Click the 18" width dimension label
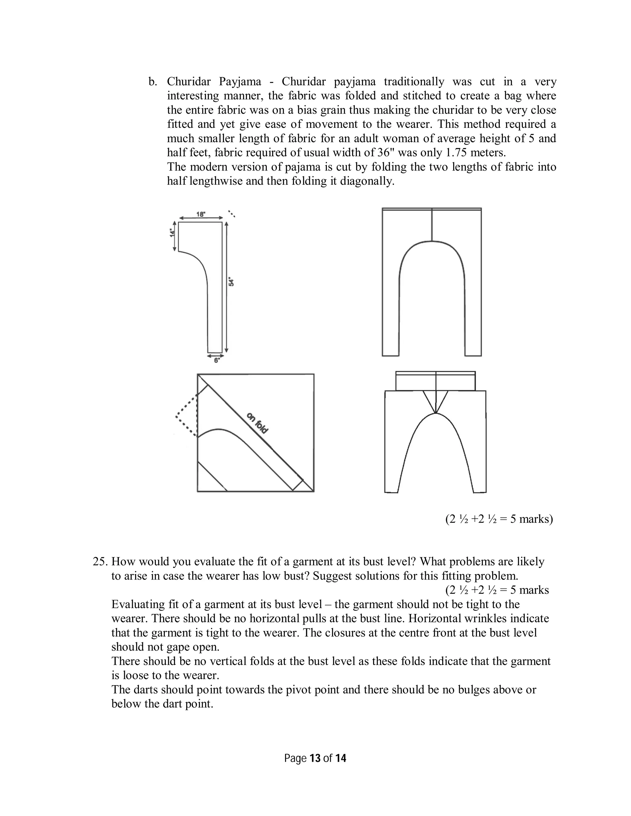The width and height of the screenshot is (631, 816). tap(201, 214)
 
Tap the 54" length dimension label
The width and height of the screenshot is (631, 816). tap(231, 282)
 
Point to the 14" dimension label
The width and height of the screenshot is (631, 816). tap(172, 233)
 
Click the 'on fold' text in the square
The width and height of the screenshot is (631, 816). tap(258, 423)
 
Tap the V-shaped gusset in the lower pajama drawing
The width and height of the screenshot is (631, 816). tap(435, 402)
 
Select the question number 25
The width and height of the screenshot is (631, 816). tap(100, 562)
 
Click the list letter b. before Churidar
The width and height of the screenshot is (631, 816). tap(153, 82)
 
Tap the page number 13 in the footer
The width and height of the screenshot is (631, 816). tap(315, 758)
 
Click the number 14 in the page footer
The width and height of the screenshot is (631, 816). tap(340, 758)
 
